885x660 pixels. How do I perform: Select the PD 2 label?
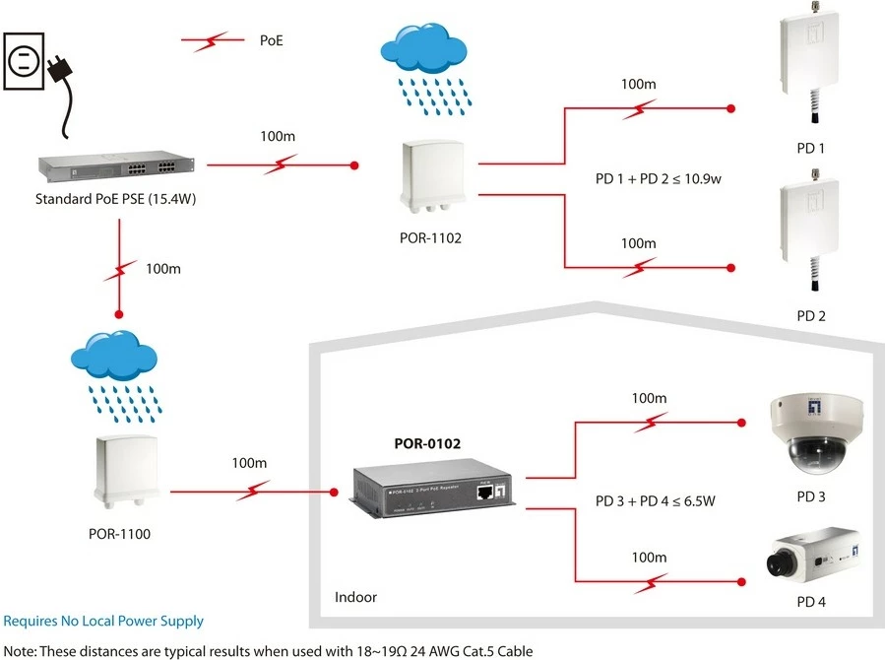[810, 316]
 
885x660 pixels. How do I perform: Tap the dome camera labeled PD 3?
[814, 431]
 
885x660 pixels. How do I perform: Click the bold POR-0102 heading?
[427, 444]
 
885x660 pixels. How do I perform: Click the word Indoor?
[355, 597]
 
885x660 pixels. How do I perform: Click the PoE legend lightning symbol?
[210, 41]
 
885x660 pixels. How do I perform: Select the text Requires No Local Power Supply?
[103, 622]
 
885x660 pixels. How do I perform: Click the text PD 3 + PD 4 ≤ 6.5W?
[656, 500]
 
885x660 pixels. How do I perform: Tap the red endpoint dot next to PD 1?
[730, 108]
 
